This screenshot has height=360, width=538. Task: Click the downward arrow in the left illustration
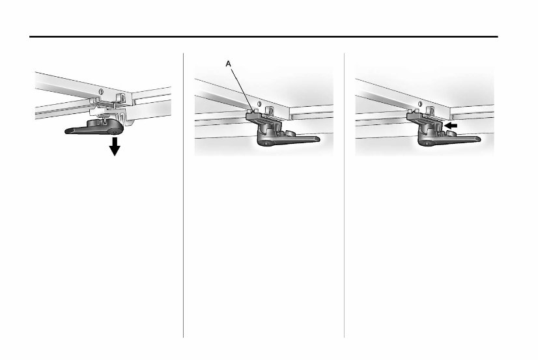(115, 148)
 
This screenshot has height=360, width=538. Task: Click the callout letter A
(227, 64)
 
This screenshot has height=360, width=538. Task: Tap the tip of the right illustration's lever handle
(478, 138)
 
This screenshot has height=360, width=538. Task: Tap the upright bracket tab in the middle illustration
(272, 107)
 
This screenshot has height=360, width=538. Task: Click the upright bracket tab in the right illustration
(432, 107)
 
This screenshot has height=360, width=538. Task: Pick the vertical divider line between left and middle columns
(184, 195)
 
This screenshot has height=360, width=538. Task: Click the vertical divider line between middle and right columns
(345, 195)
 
